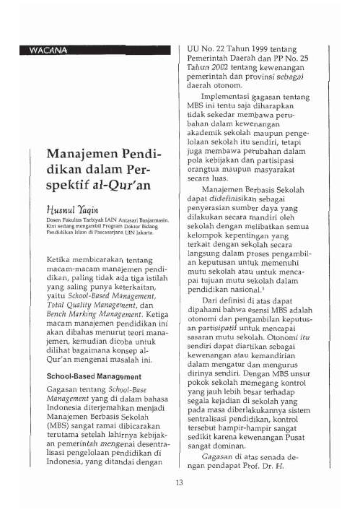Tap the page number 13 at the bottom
180,482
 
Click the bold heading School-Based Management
88,376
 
